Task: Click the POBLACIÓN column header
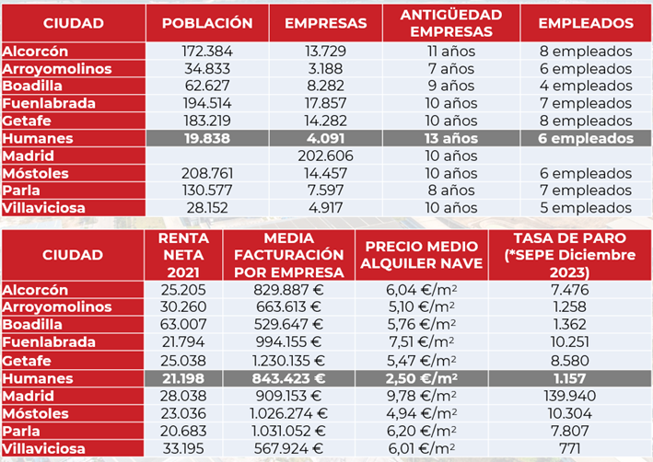point(207,23)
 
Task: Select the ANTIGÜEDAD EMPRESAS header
point(451,23)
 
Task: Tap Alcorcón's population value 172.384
point(207,52)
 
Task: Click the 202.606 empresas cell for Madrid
point(325,156)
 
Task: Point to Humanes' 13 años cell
point(451,138)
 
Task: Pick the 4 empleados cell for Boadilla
point(586,86)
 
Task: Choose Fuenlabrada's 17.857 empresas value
point(325,103)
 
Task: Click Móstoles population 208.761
point(207,173)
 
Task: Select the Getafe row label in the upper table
point(27,121)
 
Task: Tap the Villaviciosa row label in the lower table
point(43,449)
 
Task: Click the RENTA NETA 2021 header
point(183,255)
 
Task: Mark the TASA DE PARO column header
point(570,255)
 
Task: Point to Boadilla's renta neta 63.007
point(183,324)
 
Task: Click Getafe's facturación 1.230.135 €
point(288,361)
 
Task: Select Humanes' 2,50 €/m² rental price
point(421,378)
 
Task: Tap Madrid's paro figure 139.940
point(570,396)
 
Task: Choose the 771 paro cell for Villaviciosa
point(570,449)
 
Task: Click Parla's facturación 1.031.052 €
point(288,431)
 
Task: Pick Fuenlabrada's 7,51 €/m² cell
point(421,341)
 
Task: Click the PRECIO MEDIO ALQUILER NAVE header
point(421,255)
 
